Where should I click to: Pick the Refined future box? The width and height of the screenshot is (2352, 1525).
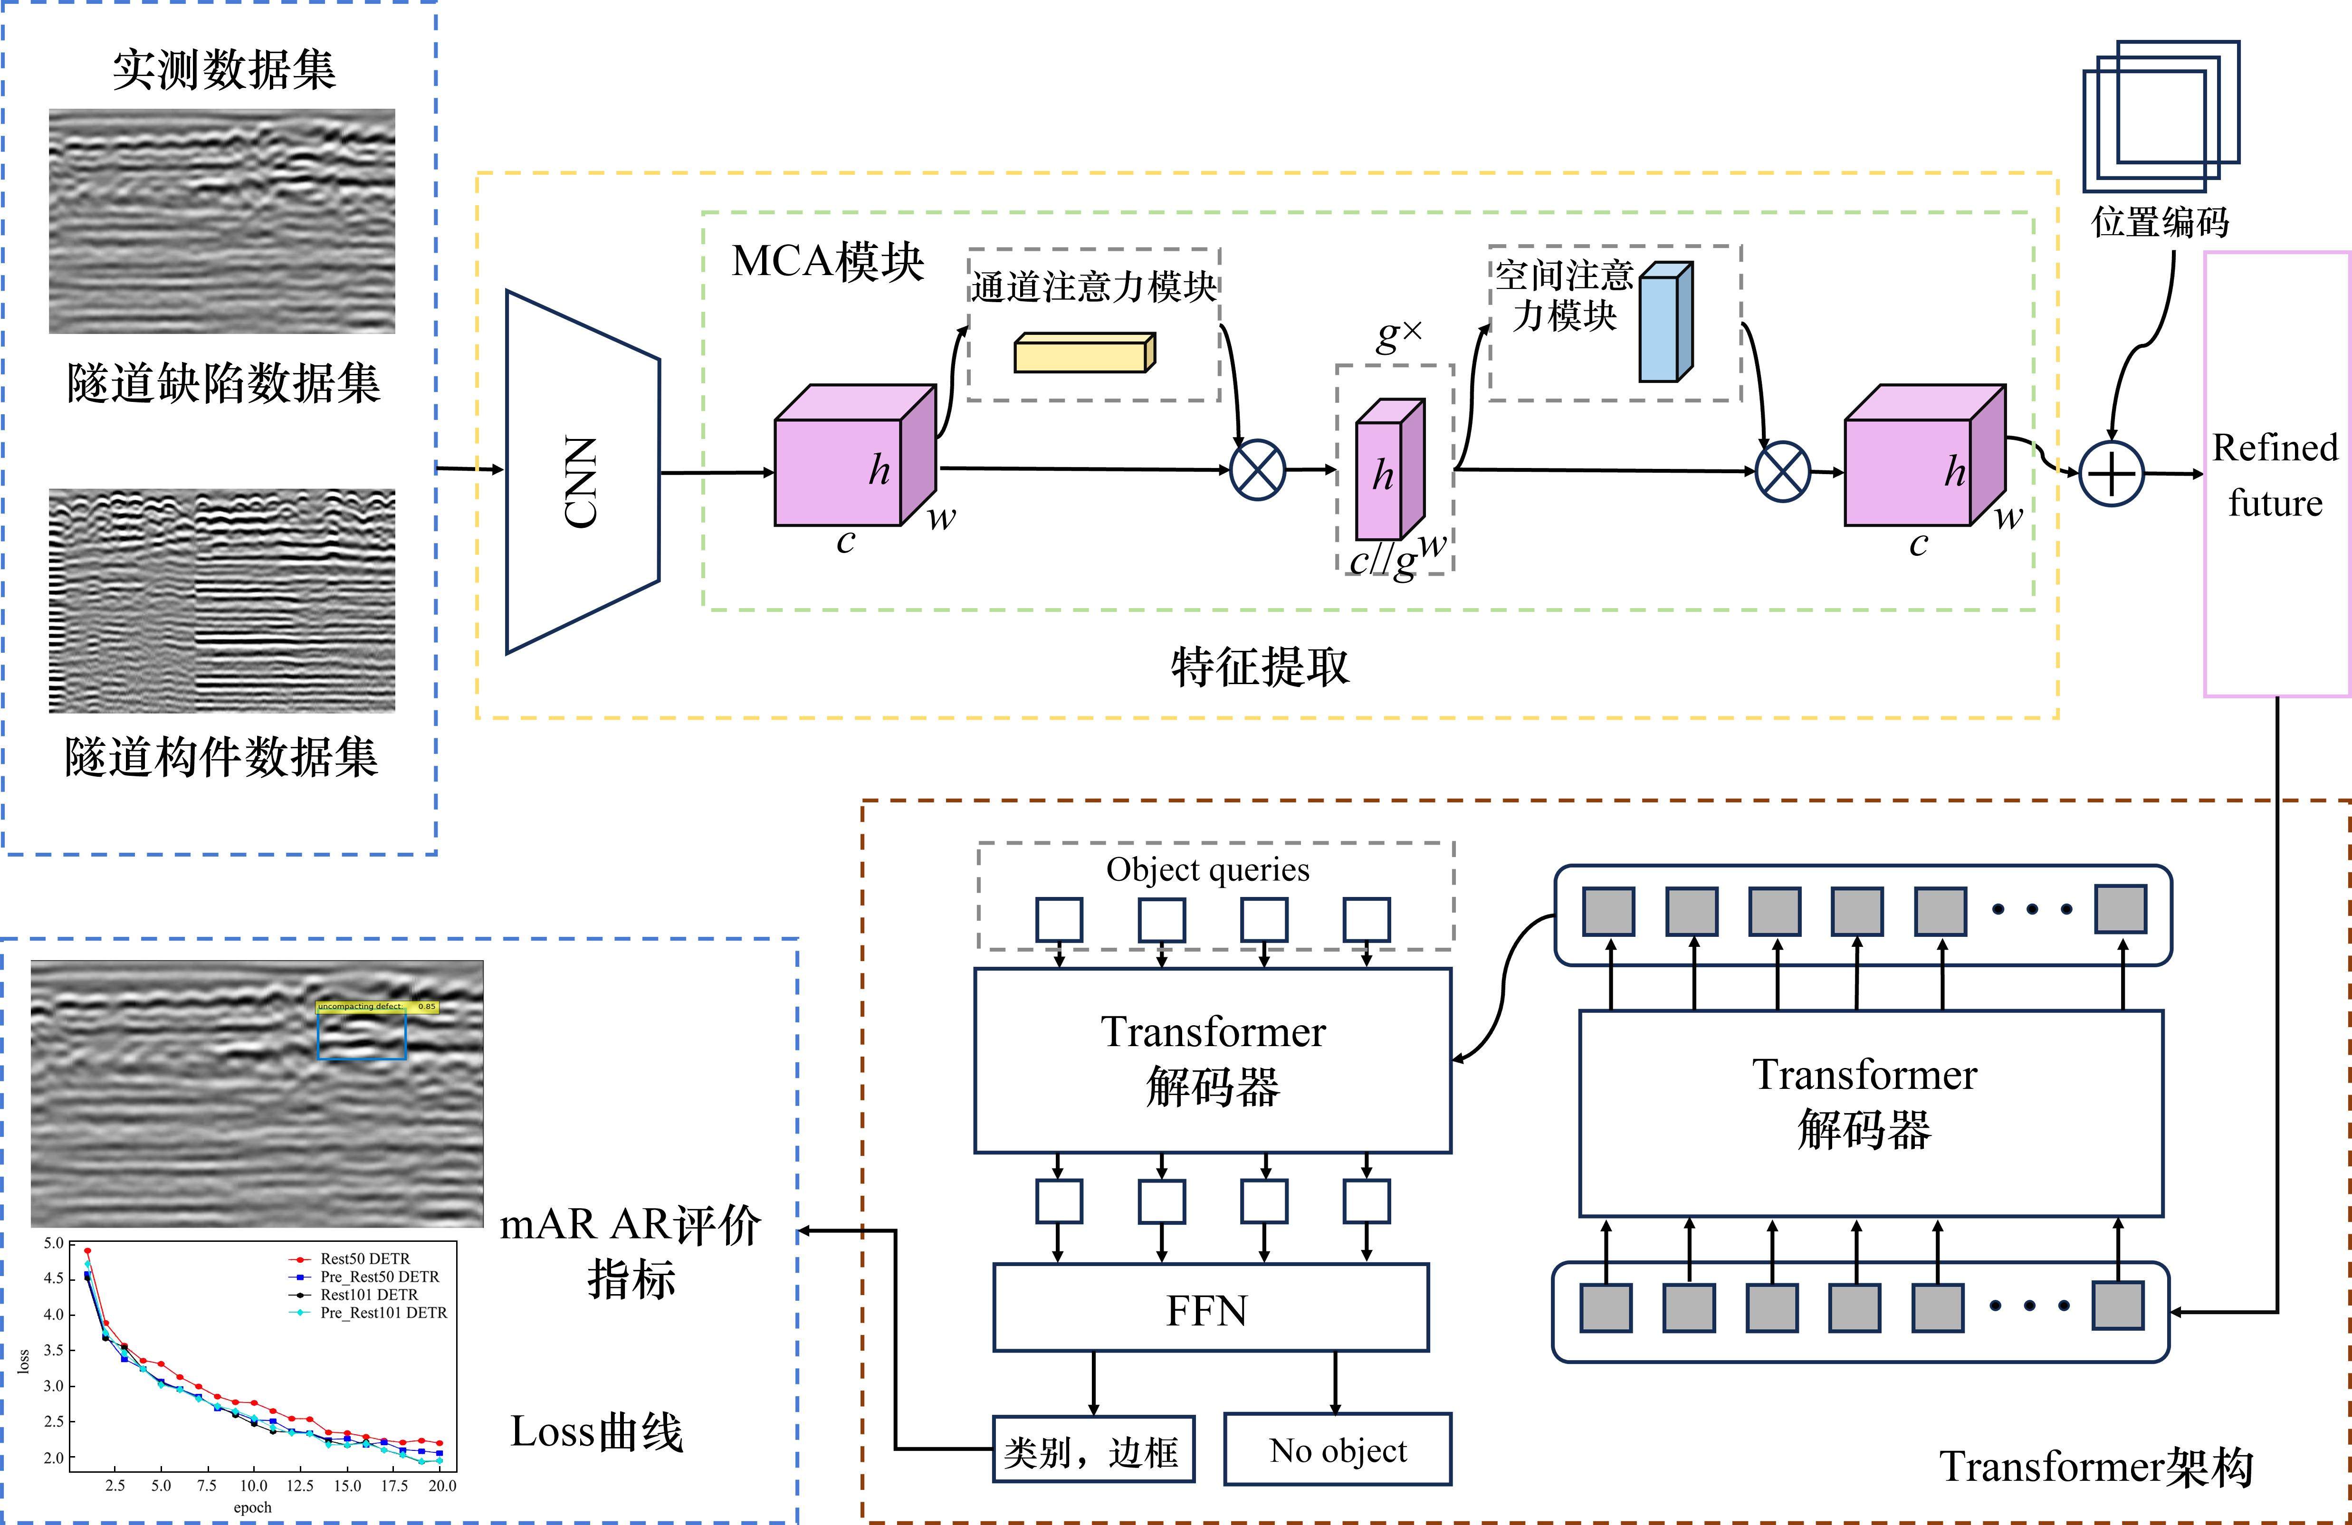[x=2275, y=475]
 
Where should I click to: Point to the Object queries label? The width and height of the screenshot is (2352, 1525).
[x=1208, y=870]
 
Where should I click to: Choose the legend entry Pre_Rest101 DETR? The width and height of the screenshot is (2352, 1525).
[x=383, y=1313]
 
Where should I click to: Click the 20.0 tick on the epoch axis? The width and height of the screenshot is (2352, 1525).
[x=442, y=1486]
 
